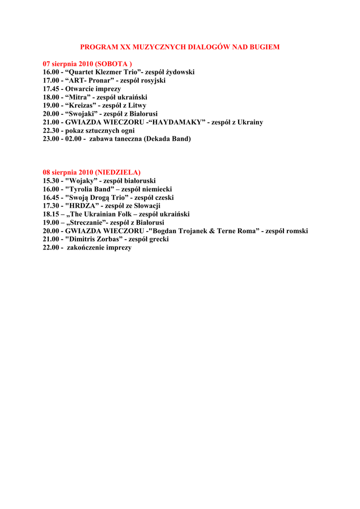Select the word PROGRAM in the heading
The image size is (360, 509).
click(98, 47)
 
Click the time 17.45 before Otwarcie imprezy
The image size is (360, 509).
click(51, 89)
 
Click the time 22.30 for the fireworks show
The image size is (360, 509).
click(51, 131)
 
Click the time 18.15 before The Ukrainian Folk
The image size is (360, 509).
click(51, 214)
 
